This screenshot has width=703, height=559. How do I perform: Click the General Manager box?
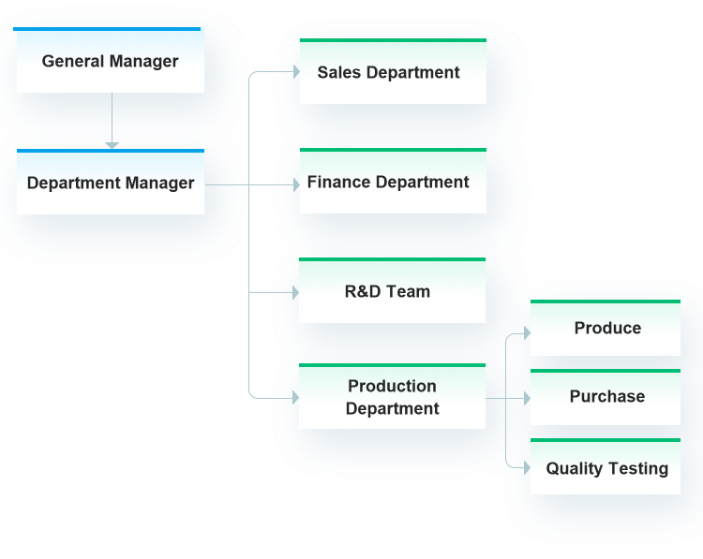point(110,61)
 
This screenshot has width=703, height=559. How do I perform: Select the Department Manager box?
point(110,183)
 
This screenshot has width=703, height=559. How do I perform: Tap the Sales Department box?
point(392,72)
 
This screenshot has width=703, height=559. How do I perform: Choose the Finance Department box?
point(392,182)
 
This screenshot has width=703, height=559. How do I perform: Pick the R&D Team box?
point(392,291)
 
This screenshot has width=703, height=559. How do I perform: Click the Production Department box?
point(392,397)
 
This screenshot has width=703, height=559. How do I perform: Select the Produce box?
point(606,329)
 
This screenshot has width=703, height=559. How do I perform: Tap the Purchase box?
point(606,397)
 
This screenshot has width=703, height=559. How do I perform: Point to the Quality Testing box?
point(606,468)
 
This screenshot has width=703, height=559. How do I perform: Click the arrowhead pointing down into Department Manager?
point(112,144)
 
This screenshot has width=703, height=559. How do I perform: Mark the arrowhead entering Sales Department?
point(294,70)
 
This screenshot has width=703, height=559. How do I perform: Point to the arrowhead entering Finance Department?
point(294,184)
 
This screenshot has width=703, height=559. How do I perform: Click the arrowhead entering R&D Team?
point(294,293)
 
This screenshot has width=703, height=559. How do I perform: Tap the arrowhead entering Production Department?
point(294,398)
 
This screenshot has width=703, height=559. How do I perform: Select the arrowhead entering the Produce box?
point(526,332)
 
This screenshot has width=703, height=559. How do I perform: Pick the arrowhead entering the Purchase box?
point(526,399)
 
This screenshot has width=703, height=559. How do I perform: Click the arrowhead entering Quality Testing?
point(526,463)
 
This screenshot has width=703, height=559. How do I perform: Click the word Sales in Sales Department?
point(338,72)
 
